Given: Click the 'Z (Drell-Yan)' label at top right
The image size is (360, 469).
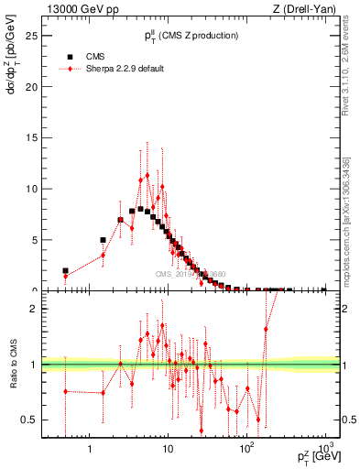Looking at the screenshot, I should pos(307,10).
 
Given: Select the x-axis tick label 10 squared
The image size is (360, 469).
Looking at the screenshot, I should pos(245,450).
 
